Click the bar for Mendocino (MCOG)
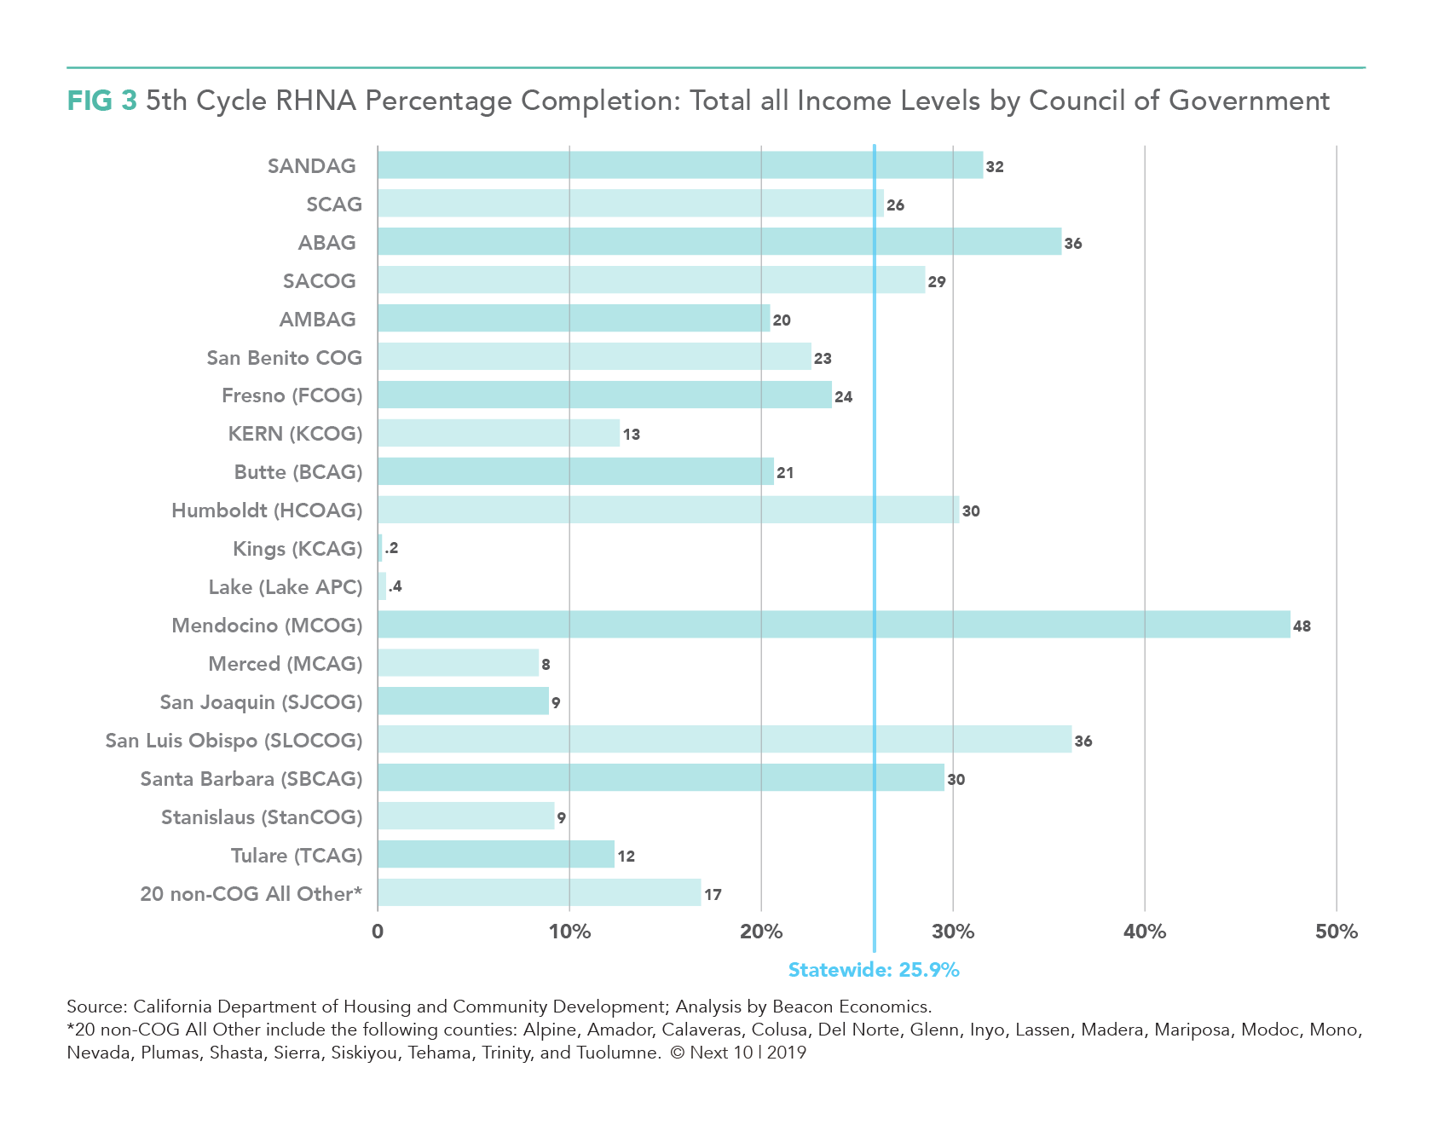[834, 625]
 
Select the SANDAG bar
[680, 165]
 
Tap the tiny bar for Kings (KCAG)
[379, 548]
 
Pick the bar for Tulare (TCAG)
[496, 854]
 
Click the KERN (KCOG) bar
[499, 433]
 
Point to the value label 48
[1302, 626]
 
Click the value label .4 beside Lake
[395, 586]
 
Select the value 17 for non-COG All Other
[713, 895]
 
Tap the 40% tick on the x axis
[1145, 932]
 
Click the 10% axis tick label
[569, 932]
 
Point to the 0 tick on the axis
[378, 932]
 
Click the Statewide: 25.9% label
[874, 970]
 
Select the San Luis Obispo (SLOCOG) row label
[234, 741]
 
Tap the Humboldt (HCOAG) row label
[267, 511]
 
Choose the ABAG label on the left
[326, 243]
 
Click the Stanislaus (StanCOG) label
[262, 817]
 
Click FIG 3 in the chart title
[101, 101]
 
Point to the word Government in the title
[1249, 101]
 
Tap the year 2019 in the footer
[787, 1053]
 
